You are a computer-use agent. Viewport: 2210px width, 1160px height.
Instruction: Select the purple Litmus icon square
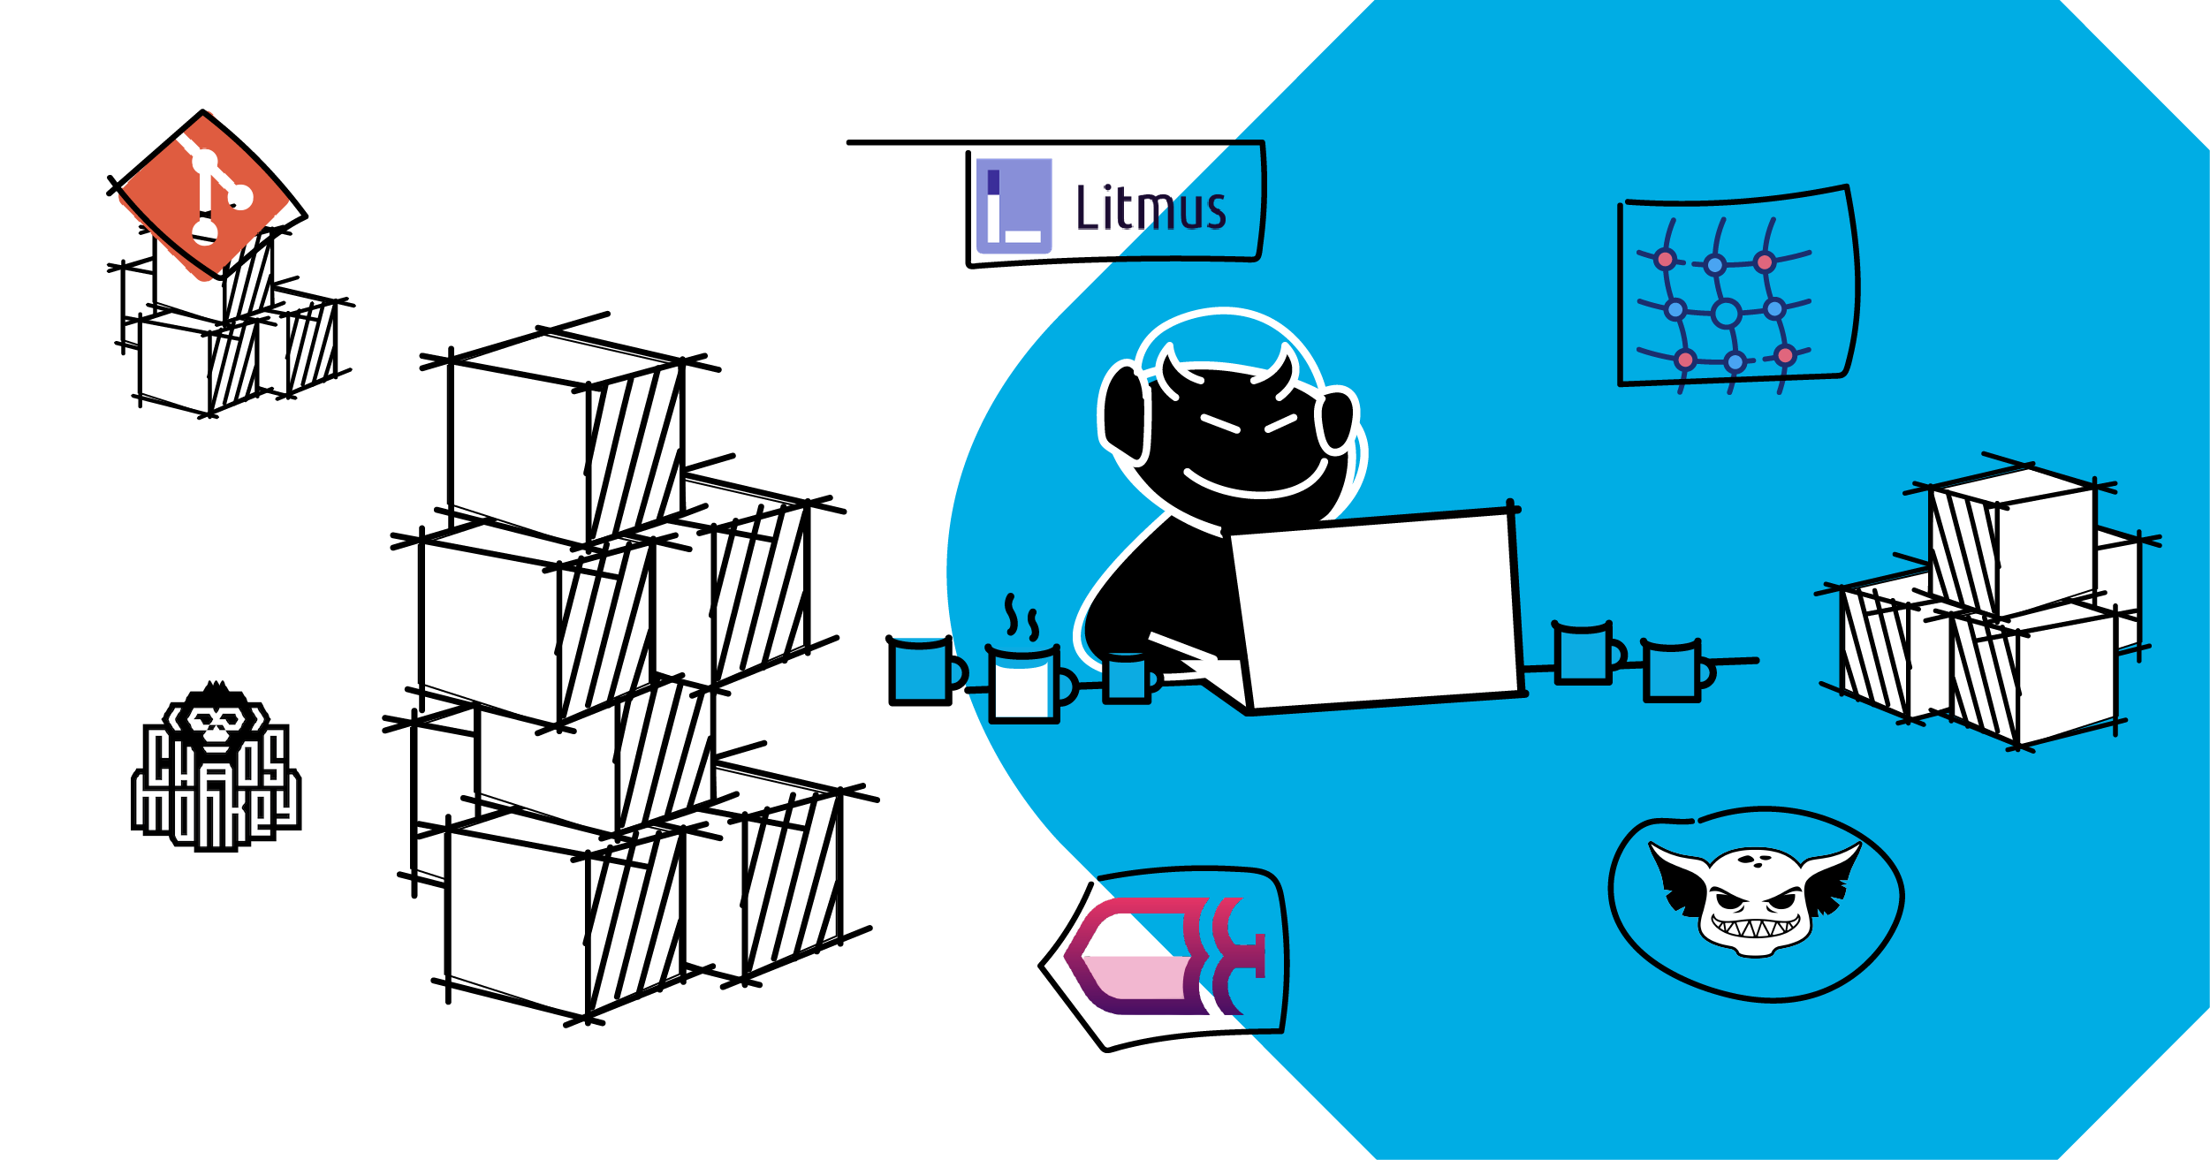pyautogui.click(x=1014, y=206)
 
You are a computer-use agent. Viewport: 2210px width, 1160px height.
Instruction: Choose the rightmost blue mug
pyautogui.click(x=1672, y=671)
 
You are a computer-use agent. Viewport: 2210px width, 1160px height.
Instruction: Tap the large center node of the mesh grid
pyautogui.click(x=1726, y=313)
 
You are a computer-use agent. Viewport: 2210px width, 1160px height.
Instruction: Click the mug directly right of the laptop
pyautogui.click(x=1583, y=654)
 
